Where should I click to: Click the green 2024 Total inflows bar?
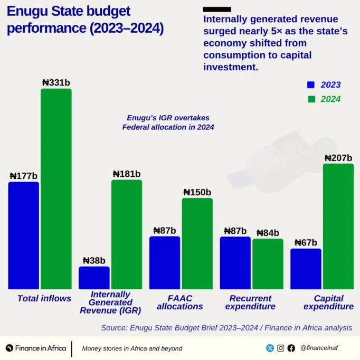click(x=56, y=189)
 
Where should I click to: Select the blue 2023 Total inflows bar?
click(x=23, y=235)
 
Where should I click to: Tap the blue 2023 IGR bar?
click(x=94, y=278)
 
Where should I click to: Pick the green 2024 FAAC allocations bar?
click(x=197, y=243)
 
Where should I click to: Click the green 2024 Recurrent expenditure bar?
click(x=268, y=264)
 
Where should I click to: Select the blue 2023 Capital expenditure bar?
click(x=306, y=269)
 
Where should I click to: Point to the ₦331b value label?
click(x=56, y=82)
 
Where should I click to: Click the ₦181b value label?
click(x=127, y=174)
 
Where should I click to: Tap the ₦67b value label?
click(x=306, y=243)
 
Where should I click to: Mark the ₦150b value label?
click(x=197, y=192)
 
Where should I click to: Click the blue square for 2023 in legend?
click(x=311, y=84)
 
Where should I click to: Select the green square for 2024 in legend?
click(x=311, y=99)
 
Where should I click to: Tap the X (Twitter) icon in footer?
click(x=270, y=348)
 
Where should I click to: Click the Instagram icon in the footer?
click(x=281, y=348)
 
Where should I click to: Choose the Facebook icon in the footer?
click(x=291, y=348)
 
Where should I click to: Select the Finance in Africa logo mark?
click(x=9, y=348)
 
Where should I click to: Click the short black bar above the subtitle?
click(x=216, y=9)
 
